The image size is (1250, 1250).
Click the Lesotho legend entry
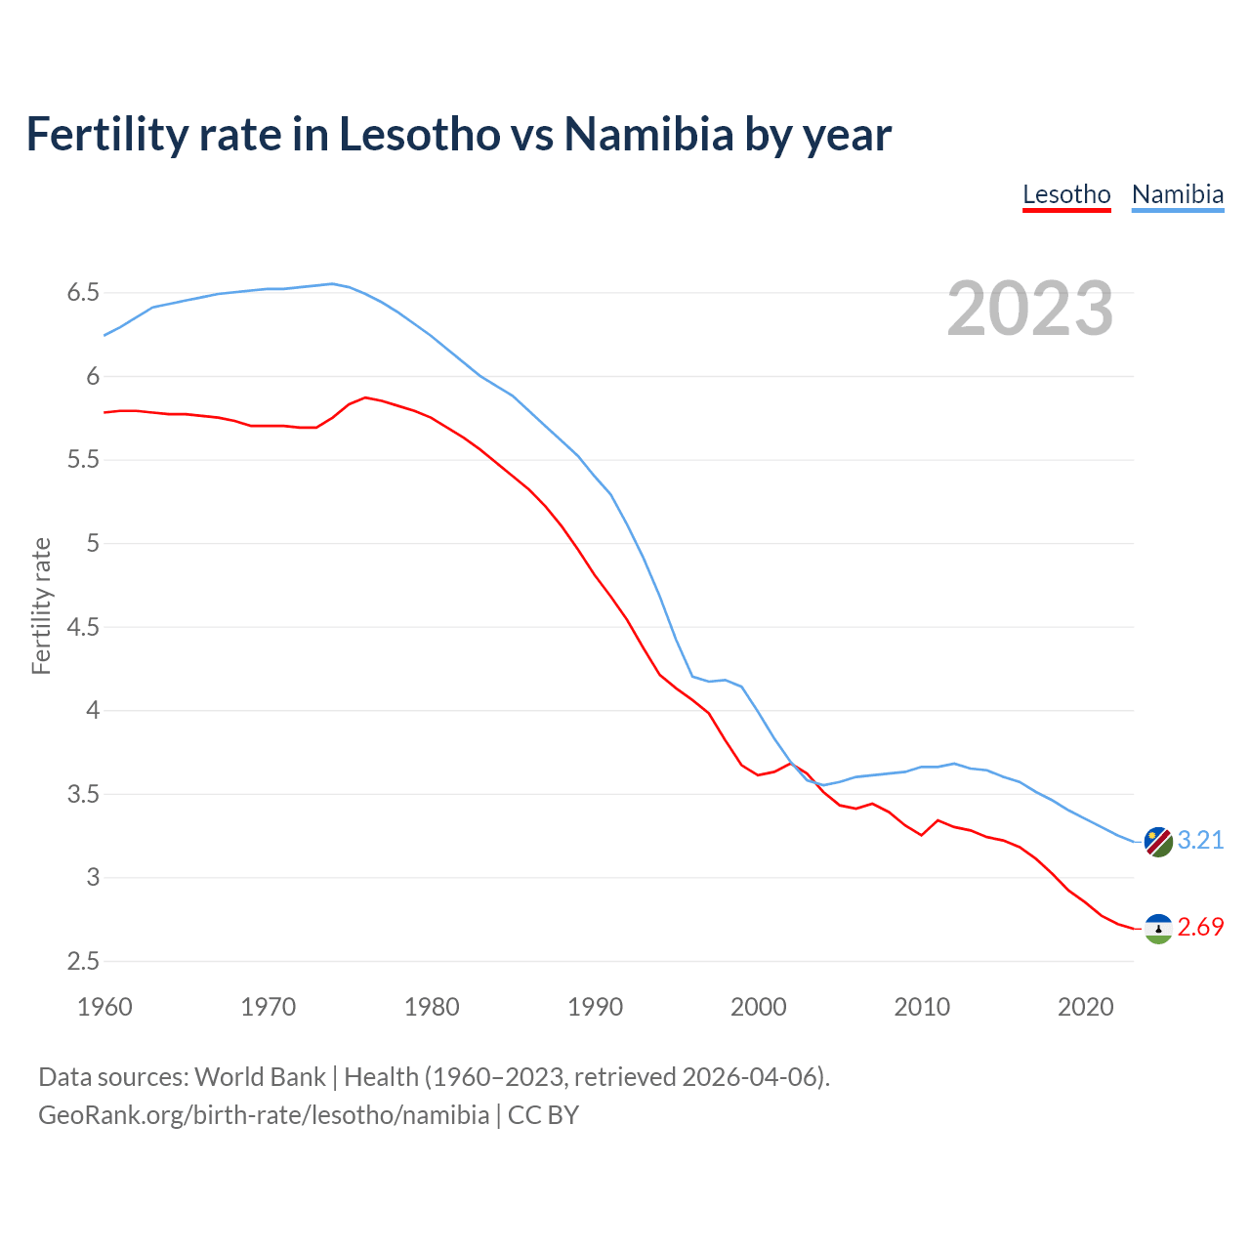(1066, 194)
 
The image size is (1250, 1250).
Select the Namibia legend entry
(1177, 194)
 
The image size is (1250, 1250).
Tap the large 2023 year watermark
(1029, 309)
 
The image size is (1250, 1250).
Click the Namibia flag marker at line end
(1158, 841)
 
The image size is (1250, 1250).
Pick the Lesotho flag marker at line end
(1158, 928)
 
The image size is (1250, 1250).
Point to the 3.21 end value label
(1200, 841)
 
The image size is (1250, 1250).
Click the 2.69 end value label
(1200, 928)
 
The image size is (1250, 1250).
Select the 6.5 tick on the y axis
(83, 293)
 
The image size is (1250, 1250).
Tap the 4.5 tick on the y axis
(83, 627)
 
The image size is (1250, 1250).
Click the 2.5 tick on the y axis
(83, 962)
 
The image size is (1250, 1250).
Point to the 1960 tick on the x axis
(104, 1007)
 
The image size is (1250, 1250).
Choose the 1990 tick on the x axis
(595, 1007)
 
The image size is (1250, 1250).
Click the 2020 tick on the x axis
(1085, 1007)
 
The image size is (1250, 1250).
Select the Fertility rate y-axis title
(41, 605)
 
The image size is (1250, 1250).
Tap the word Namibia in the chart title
(648, 135)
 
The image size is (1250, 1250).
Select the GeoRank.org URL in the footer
(264, 1115)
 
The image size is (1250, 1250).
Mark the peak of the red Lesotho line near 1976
(365, 397)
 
